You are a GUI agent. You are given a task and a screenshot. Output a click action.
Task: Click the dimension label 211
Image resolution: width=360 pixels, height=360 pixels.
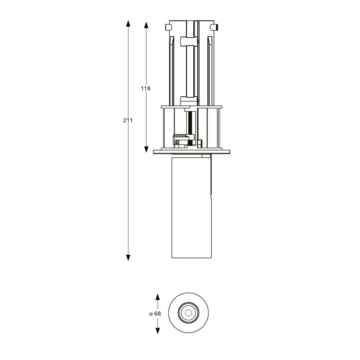(128, 121)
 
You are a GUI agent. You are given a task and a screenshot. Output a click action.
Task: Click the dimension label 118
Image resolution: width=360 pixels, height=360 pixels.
(145, 88)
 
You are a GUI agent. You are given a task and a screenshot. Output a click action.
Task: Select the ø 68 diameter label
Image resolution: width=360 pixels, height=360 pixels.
(155, 314)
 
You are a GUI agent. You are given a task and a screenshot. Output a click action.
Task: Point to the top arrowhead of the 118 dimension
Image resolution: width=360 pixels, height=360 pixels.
(146, 25)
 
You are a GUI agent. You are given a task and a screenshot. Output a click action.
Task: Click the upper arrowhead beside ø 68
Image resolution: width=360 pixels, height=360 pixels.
(158, 297)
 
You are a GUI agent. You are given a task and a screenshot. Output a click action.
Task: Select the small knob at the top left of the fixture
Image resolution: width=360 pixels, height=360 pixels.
(168, 27)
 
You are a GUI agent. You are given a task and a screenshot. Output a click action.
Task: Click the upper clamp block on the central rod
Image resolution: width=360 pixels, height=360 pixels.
(190, 41)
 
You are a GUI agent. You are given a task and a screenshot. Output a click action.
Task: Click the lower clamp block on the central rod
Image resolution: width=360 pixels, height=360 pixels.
(189, 100)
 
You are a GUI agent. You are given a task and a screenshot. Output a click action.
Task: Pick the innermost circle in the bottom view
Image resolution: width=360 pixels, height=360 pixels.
(189, 313)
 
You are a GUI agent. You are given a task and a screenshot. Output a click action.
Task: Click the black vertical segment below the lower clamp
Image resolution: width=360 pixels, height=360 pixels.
(190, 122)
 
